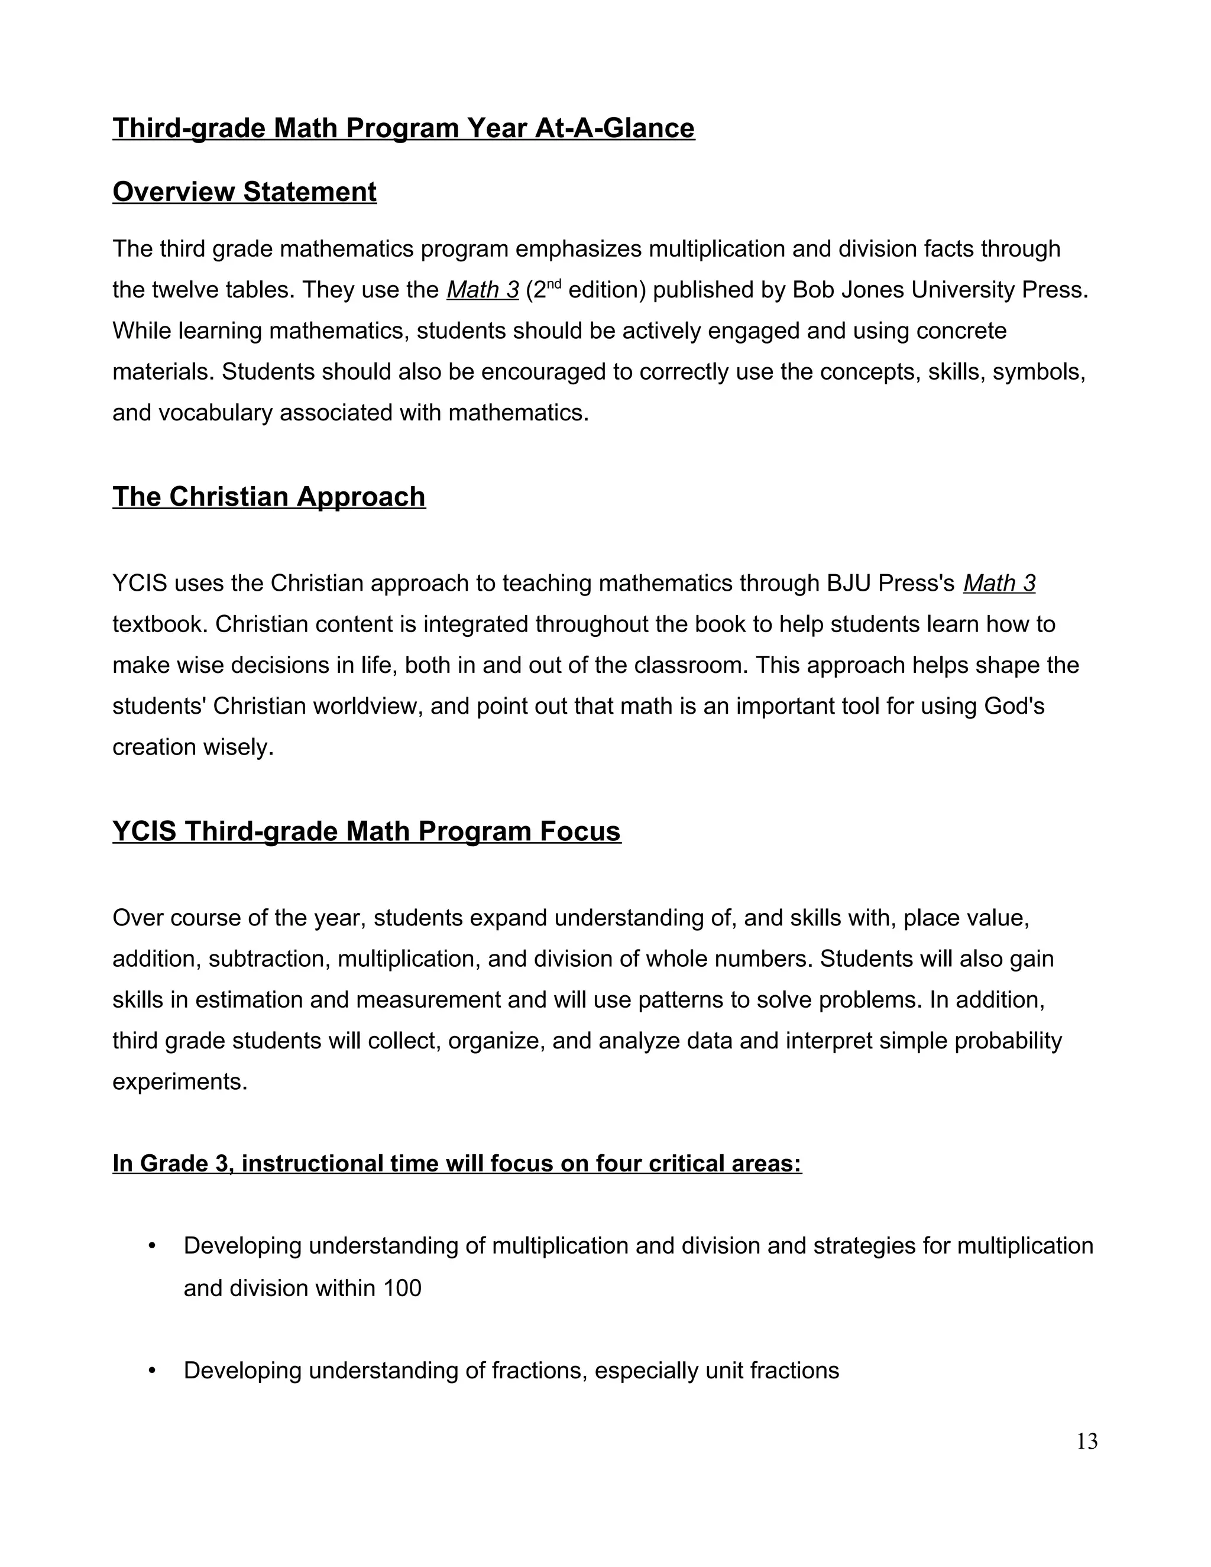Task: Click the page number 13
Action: (x=1086, y=1442)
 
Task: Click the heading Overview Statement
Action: (x=244, y=192)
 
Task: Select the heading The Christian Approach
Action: (x=269, y=497)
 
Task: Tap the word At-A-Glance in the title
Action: (x=615, y=128)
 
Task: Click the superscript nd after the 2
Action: (x=553, y=283)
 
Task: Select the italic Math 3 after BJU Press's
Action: (x=999, y=583)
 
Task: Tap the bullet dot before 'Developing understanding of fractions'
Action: (x=152, y=1371)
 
